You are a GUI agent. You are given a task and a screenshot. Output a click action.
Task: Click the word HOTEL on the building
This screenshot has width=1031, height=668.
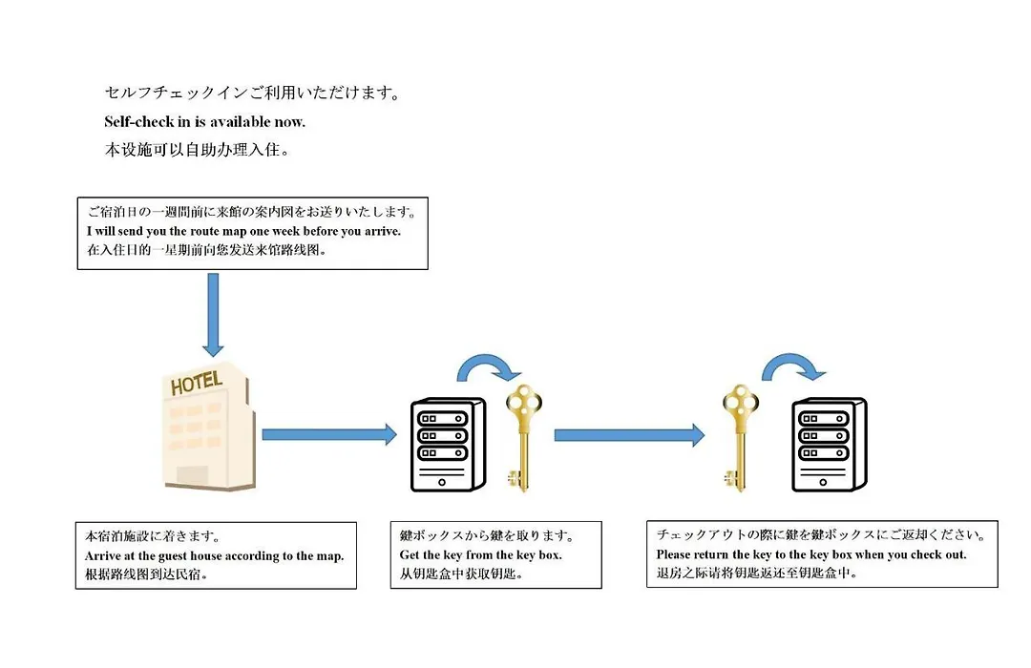point(196,384)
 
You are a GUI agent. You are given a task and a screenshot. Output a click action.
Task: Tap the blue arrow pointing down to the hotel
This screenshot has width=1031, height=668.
point(213,314)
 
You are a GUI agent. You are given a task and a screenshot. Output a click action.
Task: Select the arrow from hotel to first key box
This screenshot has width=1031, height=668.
point(329,434)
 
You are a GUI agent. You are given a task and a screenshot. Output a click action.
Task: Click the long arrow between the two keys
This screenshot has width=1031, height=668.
point(629,435)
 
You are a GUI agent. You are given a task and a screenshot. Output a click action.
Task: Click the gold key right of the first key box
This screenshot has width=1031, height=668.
point(523,438)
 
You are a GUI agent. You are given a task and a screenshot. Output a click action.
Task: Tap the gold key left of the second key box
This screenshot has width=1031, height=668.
point(741,438)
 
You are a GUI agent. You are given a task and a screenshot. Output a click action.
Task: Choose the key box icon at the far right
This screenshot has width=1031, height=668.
point(830,445)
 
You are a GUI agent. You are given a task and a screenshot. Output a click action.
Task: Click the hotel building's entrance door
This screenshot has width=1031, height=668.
point(193,474)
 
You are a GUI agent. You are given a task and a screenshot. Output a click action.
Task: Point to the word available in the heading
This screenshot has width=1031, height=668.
point(241,121)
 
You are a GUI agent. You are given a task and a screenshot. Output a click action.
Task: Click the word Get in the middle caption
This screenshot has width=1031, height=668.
point(410,554)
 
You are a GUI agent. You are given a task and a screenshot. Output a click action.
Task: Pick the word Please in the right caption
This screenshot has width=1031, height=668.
point(673,554)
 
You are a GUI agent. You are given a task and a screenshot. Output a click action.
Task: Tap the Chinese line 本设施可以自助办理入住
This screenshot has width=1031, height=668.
point(198,150)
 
